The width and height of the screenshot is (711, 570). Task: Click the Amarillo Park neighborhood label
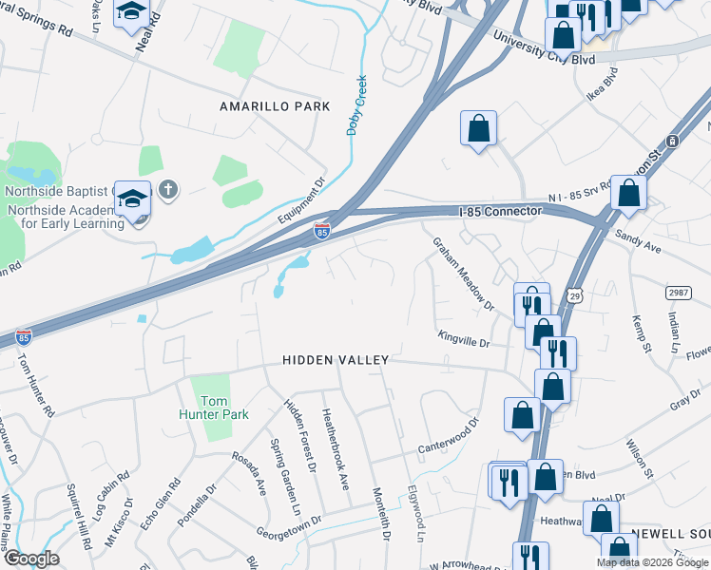(275, 106)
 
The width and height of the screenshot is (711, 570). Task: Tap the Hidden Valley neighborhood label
(336, 360)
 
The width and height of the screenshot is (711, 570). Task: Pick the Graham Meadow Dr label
(464, 274)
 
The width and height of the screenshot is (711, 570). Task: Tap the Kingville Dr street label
(463, 336)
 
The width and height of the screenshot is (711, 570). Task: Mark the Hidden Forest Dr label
(299, 436)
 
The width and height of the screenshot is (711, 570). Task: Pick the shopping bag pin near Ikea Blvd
(478, 127)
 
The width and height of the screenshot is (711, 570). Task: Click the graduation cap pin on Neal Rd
(131, 13)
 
